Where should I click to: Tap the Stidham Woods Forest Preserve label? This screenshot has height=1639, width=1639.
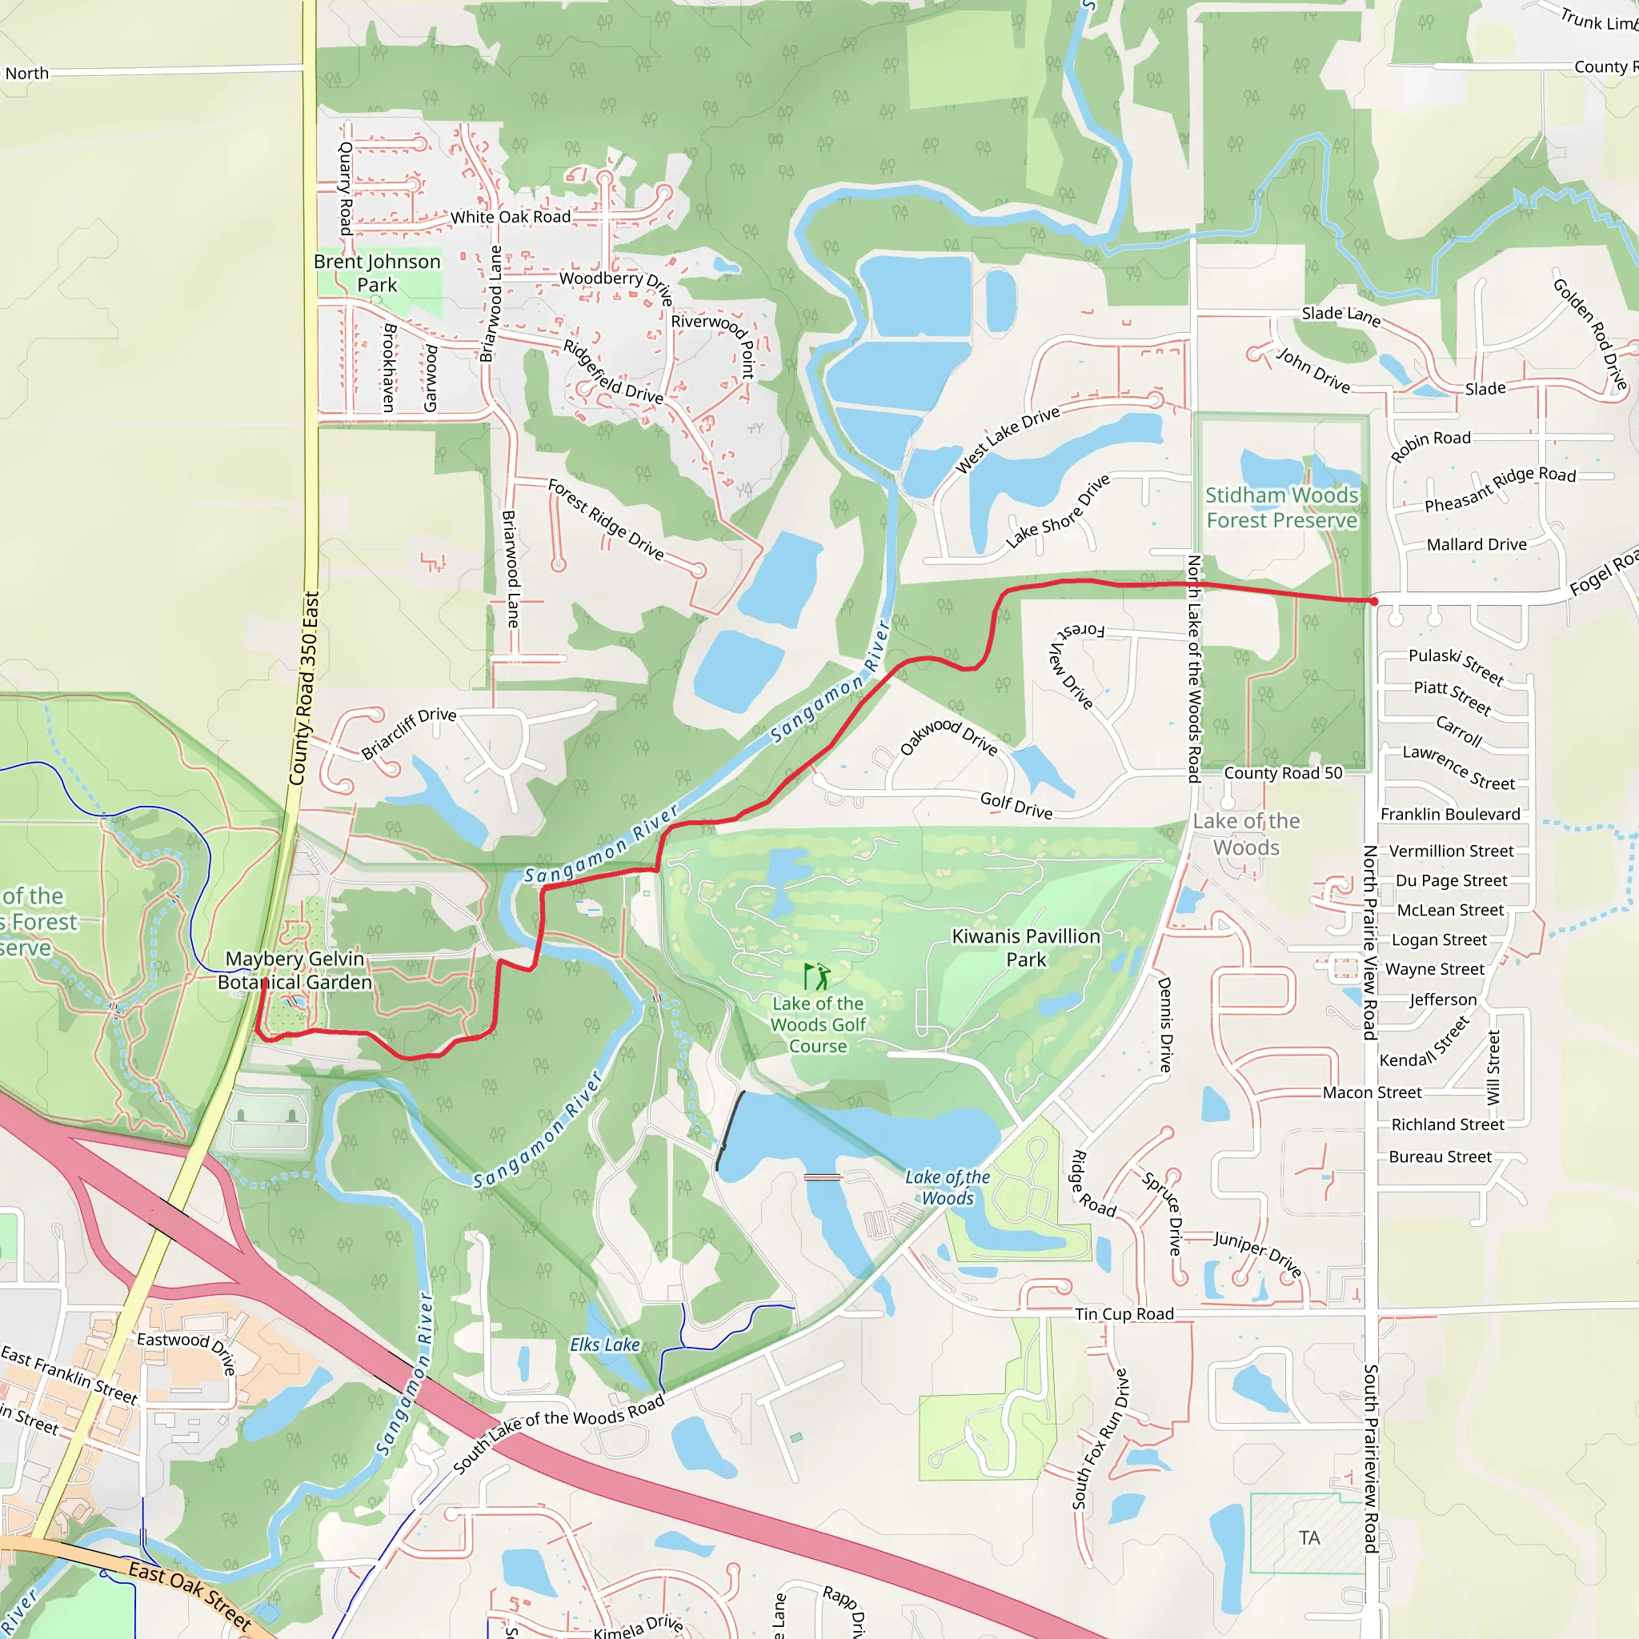tap(1281, 507)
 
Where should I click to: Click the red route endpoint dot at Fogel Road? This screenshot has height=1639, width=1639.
tap(1373, 602)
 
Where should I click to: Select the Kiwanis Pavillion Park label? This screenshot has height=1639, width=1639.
tap(1026, 948)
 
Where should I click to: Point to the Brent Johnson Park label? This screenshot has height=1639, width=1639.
tap(378, 273)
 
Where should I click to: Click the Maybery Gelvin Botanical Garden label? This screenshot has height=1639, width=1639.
tap(295, 970)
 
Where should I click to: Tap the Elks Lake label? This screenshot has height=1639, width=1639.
tap(604, 1344)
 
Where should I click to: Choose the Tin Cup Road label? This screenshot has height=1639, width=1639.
tap(1124, 1314)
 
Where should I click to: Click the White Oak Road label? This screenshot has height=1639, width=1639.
tap(510, 217)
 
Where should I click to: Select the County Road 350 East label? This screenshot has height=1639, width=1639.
tap(303, 688)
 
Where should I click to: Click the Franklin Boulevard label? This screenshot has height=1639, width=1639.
tap(1450, 815)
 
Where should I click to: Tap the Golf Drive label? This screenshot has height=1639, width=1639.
tap(1016, 805)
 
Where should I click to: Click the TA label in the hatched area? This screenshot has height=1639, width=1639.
tap(1309, 1538)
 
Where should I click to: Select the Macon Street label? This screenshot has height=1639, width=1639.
tap(1372, 1092)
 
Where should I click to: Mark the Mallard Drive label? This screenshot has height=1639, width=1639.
tap(1476, 545)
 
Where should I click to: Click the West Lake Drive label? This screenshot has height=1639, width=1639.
tap(1008, 439)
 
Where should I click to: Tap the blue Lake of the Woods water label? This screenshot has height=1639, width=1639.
tap(948, 1188)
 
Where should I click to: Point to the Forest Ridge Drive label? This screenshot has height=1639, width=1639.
tap(606, 519)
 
